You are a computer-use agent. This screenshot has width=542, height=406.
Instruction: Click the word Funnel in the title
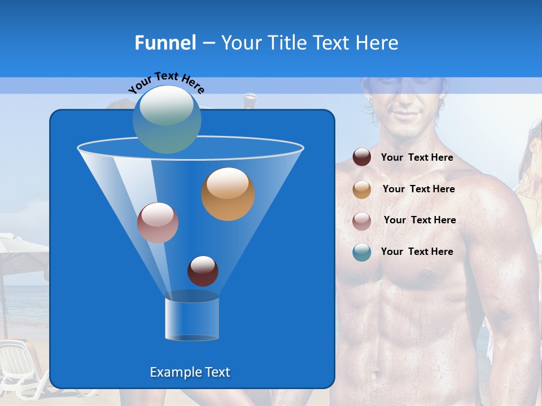coord(165,43)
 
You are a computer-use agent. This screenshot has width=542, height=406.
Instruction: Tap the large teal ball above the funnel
coord(167,120)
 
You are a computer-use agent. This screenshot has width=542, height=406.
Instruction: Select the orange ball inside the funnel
coord(228,194)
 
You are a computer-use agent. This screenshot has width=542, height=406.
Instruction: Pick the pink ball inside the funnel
coord(158,223)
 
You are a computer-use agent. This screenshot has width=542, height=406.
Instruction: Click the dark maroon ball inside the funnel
coord(203,271)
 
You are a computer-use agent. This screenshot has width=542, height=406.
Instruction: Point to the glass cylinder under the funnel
coord(192,319)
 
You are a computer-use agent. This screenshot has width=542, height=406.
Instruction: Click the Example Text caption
coord(190,372)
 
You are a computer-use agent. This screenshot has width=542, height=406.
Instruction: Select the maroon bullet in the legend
coord(362,157)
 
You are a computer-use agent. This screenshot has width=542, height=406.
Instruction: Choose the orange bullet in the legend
coord(362,189)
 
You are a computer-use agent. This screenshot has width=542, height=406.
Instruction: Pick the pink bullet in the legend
coord(362,221)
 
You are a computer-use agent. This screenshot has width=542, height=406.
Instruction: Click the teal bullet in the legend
coord(362,252)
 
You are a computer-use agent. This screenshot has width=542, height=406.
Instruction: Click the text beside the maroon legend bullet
coord(417,157)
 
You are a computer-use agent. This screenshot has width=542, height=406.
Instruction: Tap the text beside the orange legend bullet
coord(418,189)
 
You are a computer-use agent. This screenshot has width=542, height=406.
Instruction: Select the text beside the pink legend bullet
coord(419,220)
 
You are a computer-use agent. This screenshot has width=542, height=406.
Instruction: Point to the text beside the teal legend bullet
coord(417,251)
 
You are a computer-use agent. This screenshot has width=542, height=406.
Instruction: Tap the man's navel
coord(373,373)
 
